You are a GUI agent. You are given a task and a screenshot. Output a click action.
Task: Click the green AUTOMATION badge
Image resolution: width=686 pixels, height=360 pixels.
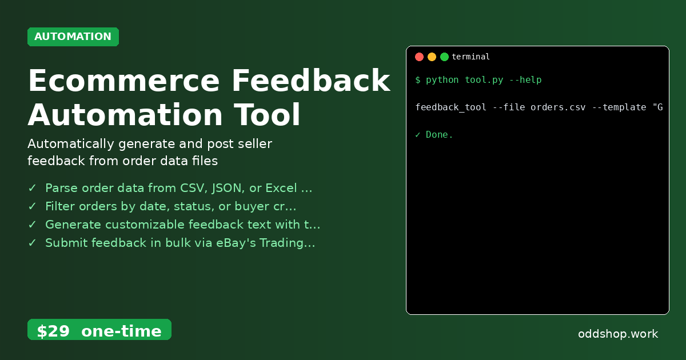click(x=73, y=37)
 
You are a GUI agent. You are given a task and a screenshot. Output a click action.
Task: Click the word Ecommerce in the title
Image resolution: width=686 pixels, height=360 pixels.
click(x=123, y=81)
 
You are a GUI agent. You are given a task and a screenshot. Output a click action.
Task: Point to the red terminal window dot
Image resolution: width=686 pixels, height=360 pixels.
click(x=419, y=57)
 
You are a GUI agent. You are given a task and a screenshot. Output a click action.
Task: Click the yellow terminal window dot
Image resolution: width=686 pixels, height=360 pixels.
click(x=432, y=57)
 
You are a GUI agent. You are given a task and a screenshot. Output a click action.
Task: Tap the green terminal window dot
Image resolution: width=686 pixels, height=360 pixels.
click(x=444, y=57)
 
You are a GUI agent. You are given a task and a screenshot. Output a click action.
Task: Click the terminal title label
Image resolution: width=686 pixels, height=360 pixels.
click(x=470, y=57)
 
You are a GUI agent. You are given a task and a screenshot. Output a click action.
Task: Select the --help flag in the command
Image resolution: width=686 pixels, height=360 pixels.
click(x=525, y=80)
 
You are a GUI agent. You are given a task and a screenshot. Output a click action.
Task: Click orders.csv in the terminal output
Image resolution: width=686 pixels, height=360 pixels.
click(x=557, y=107)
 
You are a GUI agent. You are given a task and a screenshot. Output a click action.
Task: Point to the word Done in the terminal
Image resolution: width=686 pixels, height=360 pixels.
click(x=439, y=135)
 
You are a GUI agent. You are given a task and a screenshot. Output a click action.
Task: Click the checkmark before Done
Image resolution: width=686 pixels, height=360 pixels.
click(x=418, y=135)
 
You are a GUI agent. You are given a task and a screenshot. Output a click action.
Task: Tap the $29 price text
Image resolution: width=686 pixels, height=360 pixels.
click(x=53, y=331)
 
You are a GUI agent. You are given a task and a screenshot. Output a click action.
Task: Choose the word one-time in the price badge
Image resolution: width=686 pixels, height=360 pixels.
click(x=121, y=331)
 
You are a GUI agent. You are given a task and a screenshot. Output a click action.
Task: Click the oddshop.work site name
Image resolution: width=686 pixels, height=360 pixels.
click(x=618, y=334)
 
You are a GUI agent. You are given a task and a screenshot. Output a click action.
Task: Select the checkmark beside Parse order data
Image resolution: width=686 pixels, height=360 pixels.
click(x=32, y=188)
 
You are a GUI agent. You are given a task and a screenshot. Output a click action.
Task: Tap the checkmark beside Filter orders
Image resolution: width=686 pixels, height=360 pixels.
click(x=32, y=206)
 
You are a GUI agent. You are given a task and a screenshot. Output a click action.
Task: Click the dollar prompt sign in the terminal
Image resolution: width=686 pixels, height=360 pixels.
click(x=418, y=80)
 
